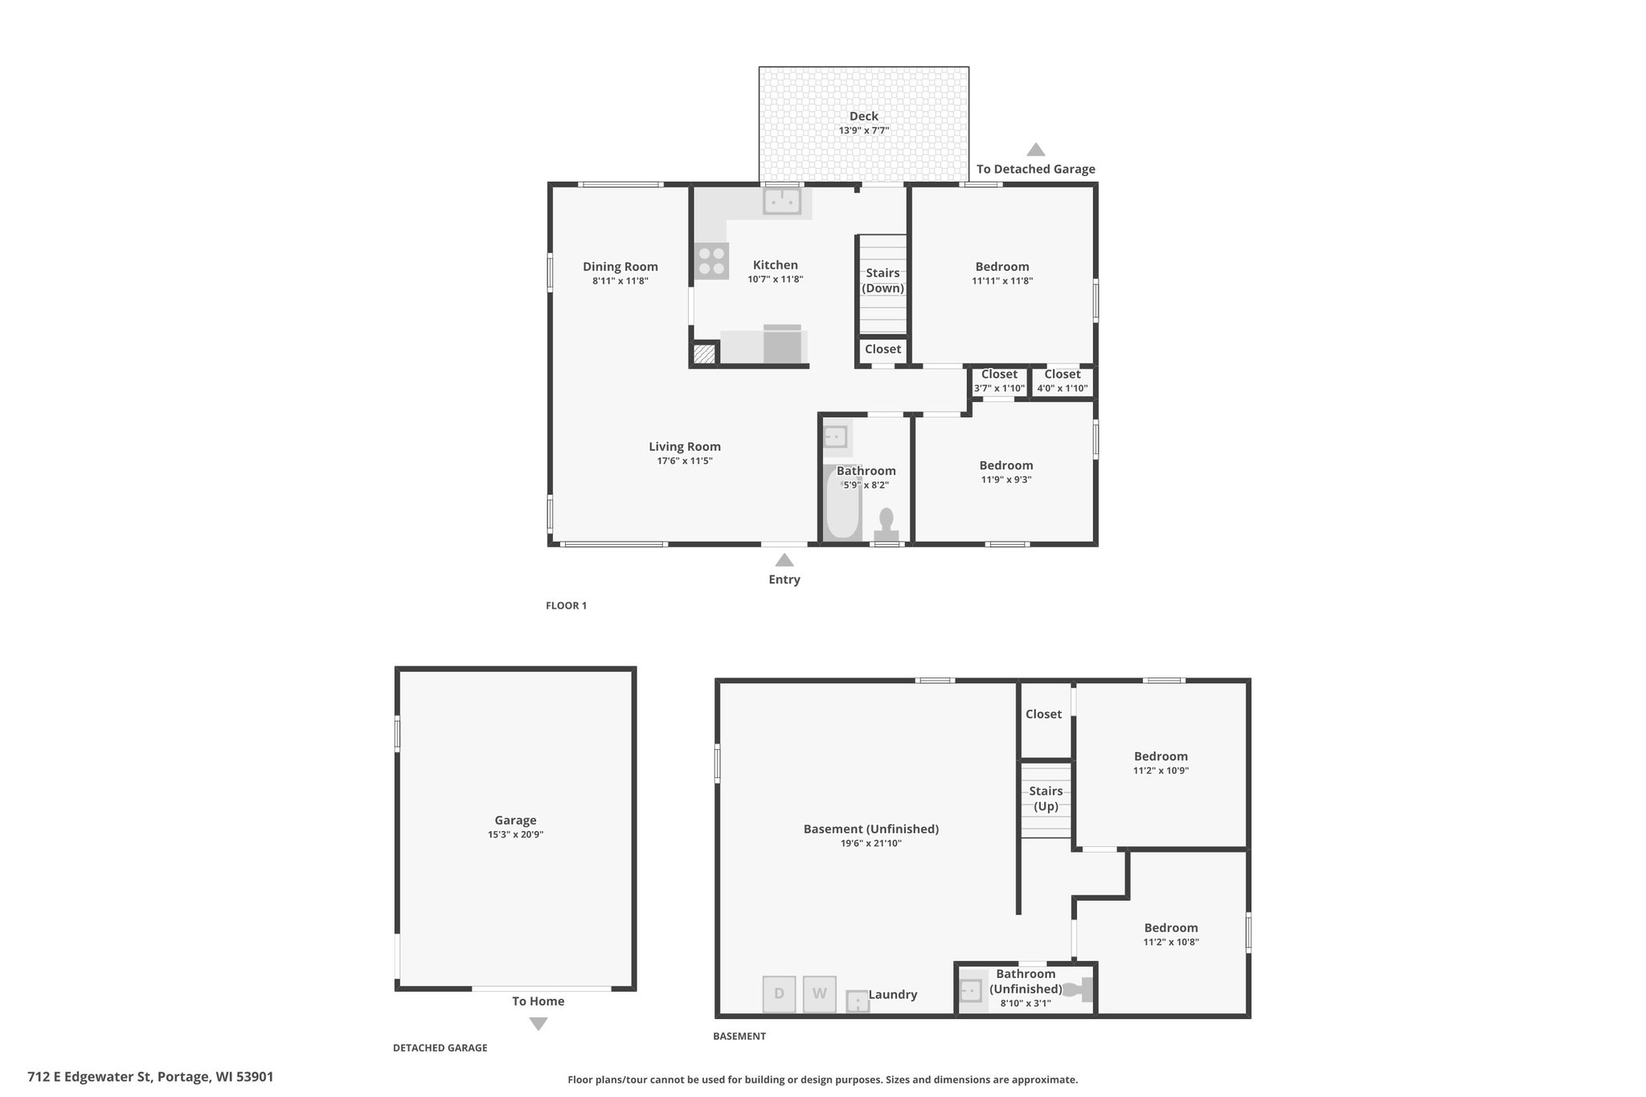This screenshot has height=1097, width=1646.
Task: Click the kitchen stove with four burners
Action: pyautogui.click(x=712, y=261)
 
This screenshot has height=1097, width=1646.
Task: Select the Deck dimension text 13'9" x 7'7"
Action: pyautogui.click(x=864, y=130)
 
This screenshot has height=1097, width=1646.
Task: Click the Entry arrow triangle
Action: pyautogui.click(x=784, y=560)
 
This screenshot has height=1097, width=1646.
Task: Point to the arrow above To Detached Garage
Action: pyautogui.click(x=1036, y=149)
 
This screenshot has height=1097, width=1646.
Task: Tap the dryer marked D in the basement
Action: pyautogui.click(x=779, y=993)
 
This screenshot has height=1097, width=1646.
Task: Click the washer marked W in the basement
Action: pyautogui.click(x=819, y=993)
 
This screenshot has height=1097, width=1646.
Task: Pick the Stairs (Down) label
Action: pyautogui.click(x=883, y=280)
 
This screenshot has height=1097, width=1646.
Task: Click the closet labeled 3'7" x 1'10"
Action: pyautogui.click(x=999, y=382)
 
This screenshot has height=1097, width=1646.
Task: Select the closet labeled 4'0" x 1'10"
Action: pyautogui.click(x=1063, y=382)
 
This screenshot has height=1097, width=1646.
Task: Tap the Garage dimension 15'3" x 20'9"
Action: pyautogui.click(x=515, y=834)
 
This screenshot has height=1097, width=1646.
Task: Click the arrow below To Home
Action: pyautogui.click(x=538, y=1024)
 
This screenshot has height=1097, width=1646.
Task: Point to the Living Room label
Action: pyautogui.click(x=685, y=447)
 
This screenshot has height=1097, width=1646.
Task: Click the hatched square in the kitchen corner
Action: pyautogui.click(x=704, y=354)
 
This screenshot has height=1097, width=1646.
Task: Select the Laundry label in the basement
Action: pyautogui.click(x=893, y=994)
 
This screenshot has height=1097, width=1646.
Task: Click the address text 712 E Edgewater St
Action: pyautogui.click(x=90, y=1077)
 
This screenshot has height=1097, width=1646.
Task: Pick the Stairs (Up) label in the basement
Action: pyautogui.click(x=1046, y=799)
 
